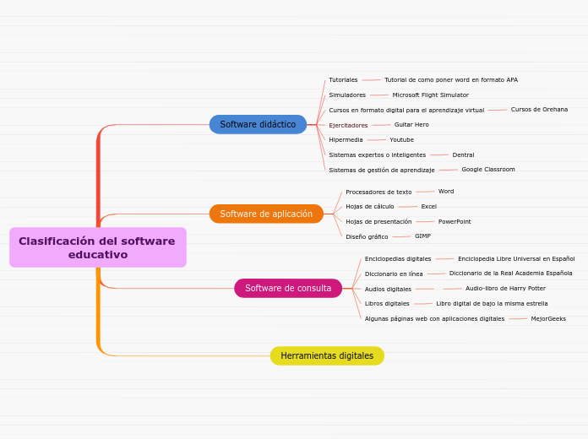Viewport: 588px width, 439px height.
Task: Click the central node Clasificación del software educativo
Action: click(97, 247)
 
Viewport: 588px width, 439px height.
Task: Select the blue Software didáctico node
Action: click(258, 125)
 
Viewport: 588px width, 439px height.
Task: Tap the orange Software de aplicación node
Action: click(266, 214)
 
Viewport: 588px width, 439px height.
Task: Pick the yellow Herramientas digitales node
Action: click(327, 356)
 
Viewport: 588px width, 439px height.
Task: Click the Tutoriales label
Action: click(343, 80)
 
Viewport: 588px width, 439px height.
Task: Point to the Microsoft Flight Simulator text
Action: click(430, 95)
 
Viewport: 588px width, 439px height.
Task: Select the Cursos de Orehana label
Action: click(539, 110)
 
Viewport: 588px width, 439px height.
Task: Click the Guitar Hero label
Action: click(411, 125)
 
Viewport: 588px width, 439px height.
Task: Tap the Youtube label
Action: click(401, 140)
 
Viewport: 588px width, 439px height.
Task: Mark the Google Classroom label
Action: click(487, 170)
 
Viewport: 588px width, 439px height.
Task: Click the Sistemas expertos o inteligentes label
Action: click(377, 155)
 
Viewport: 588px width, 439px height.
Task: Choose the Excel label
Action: click(428, 207)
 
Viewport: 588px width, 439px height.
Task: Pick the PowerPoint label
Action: click(455, 222)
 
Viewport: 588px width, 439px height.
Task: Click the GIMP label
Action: click(422, 236)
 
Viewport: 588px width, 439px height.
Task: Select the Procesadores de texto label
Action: click(378, 192)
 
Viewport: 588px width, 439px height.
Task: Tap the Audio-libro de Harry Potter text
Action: click(505, 289)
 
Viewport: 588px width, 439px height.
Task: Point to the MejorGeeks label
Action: click(548, 319)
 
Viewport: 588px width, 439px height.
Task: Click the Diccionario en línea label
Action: click(394, 274)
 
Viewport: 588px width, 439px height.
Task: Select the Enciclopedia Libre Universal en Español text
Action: click(516, 259)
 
